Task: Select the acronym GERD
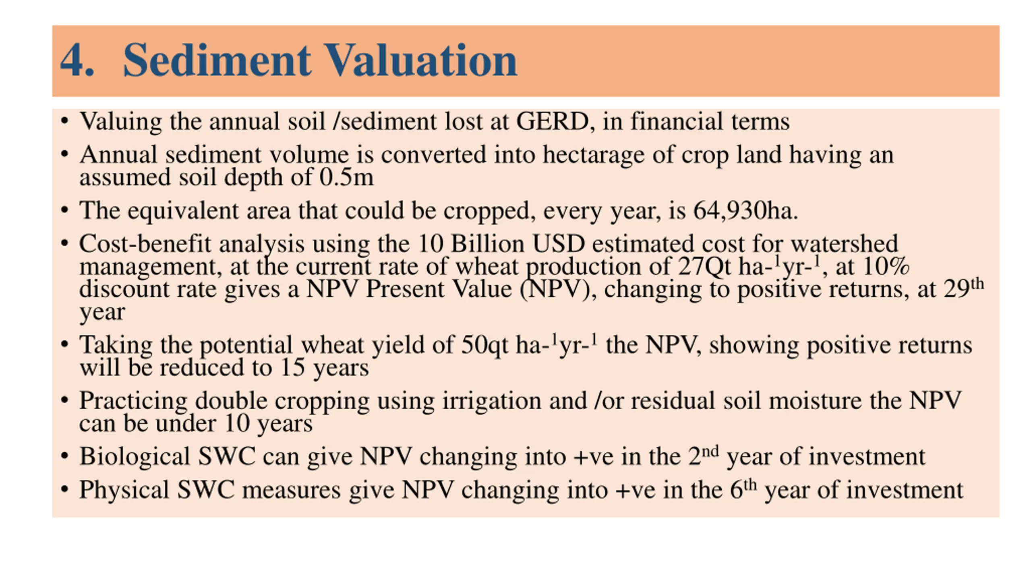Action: (552, 121)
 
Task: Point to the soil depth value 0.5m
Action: (346, 177)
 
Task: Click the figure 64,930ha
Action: (745, 210)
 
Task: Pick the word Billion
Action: (487, 244)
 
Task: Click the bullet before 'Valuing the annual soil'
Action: (64, 121)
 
